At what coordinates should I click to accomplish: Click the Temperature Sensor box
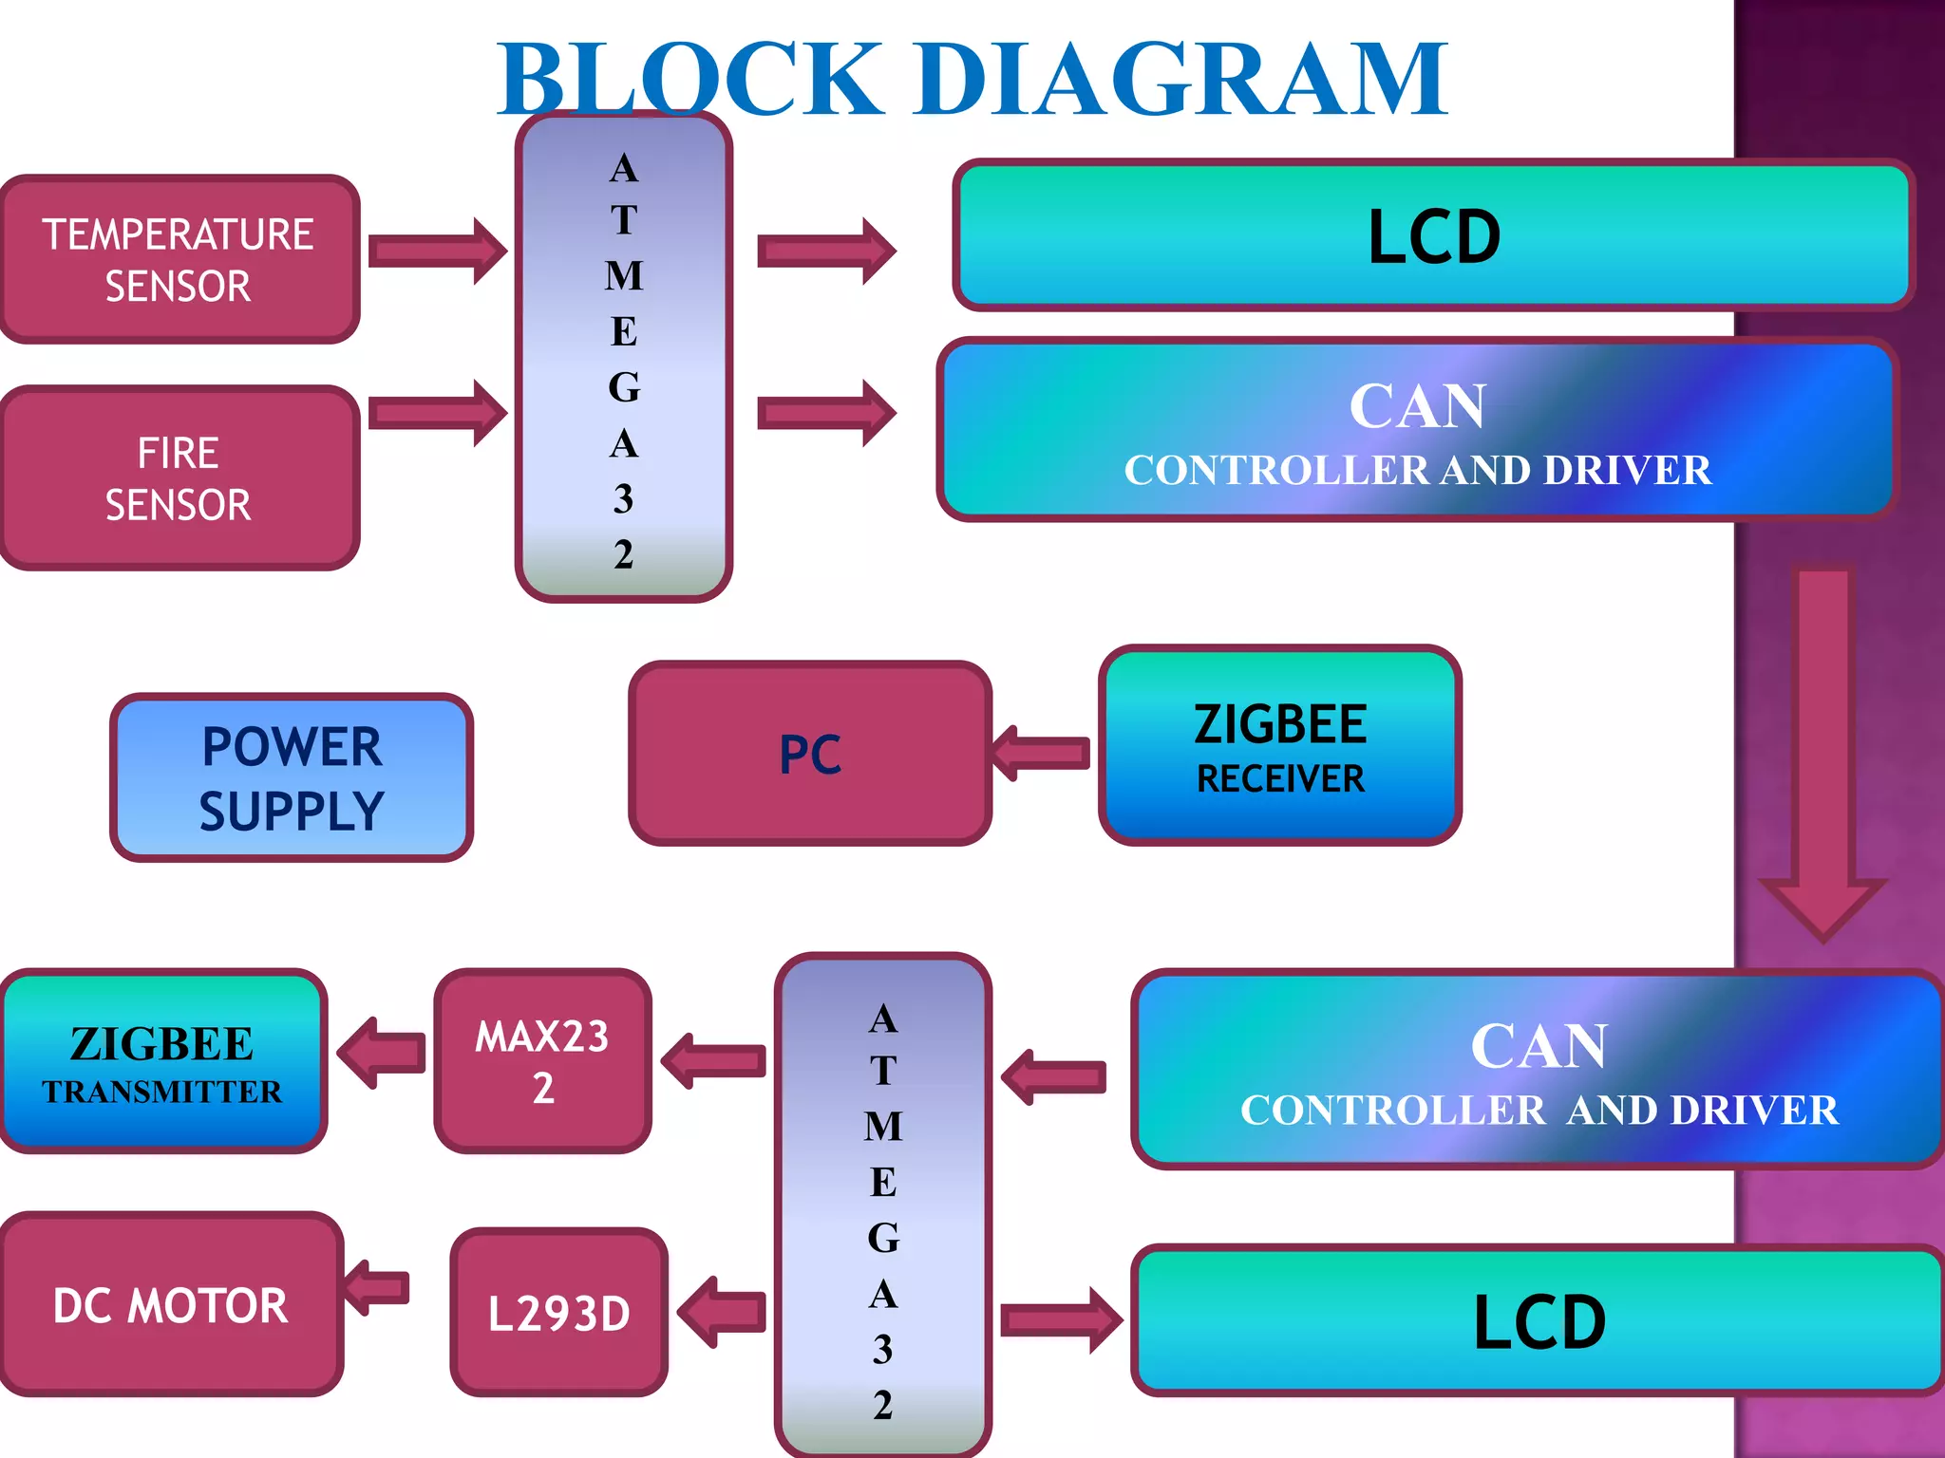tap(179, 259)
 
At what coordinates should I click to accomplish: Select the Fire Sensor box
tap(179, 477)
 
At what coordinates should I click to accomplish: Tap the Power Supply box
tap(292, 777)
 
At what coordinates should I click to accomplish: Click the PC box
tap(810, 754)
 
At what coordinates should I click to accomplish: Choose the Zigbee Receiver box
tap(1279, 746)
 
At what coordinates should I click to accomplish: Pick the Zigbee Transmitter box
tap(162, 1061)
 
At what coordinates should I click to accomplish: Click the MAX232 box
tap(542, 1061)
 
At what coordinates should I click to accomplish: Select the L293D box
tap(558, 1313)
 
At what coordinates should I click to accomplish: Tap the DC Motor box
tap(171, 1304)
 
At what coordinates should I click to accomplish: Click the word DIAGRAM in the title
tap(1180, 80)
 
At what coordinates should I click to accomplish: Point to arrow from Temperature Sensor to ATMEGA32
tap(437, 252)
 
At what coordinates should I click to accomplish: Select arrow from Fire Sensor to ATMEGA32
tap(437, 413)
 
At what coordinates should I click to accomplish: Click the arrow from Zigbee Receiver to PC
tap(1041, 753)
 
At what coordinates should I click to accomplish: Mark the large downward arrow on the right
tap(1822, 750)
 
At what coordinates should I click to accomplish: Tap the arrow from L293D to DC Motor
tap(377, 1288)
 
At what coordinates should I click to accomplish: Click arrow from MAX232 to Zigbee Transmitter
tap(382, 1053)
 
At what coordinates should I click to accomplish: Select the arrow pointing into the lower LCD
tap(1061, 1320)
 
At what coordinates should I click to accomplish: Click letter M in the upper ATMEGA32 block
tap(624, 276)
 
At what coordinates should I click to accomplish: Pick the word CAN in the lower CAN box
tap(1539, 1046)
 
